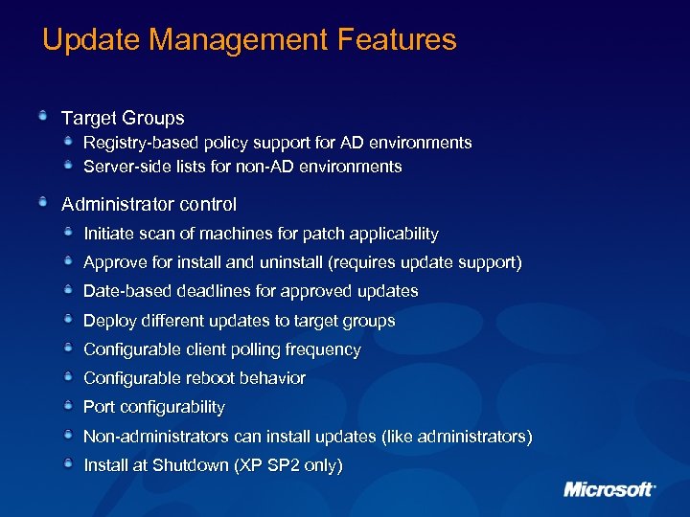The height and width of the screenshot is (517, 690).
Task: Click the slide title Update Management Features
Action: point(249,40)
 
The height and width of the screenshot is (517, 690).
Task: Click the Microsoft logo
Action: point(609,489)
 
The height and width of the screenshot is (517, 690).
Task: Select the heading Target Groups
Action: point(123,119)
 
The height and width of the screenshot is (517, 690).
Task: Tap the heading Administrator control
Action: point(149,204)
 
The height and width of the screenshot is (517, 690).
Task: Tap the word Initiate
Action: point(107,234)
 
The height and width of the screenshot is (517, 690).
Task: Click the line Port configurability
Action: point(154,407)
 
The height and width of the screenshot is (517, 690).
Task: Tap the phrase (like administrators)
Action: point(456,437)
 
